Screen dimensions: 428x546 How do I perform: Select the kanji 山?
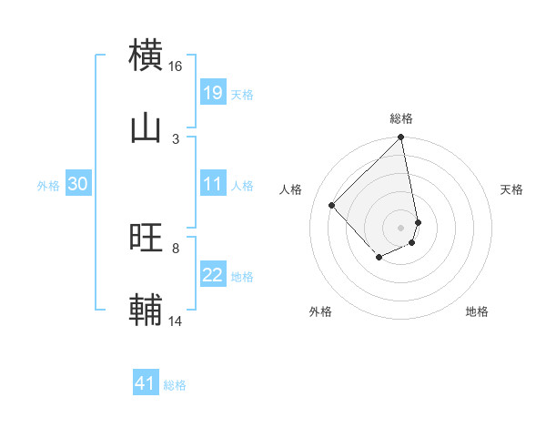(x=147, y=128)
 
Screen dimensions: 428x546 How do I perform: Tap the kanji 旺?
(x=147, y=238)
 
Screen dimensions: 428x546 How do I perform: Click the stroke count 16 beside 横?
(x=176, y=66)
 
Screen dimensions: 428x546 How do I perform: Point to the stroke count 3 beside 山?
(x=176, y=138)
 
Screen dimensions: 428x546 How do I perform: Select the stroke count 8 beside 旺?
(x=176, y=248)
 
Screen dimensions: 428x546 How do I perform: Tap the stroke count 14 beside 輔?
(x=176, y=321)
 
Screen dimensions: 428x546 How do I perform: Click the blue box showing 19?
(x=213, y=93)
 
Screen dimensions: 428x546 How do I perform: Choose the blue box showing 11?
(x=213, y=184)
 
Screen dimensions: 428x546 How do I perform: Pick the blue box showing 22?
(x=213, y=275)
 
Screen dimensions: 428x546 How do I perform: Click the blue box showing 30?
(x=78, y=184)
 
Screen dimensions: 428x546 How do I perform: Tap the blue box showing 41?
(x=146, y=383)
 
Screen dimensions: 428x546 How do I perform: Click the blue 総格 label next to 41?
(x=175, y=385)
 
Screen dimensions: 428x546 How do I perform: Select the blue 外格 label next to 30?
(x=48, y=186)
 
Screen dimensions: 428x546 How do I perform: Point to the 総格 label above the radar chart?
(x=401, y=118)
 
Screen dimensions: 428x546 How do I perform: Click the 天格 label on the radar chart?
(x=512, y=189)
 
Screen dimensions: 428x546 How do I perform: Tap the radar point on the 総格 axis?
(x=401, y=138)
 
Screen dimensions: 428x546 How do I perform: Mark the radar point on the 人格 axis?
(x=332, y=205)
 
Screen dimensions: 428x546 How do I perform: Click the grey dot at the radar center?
(x=401, y=227)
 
